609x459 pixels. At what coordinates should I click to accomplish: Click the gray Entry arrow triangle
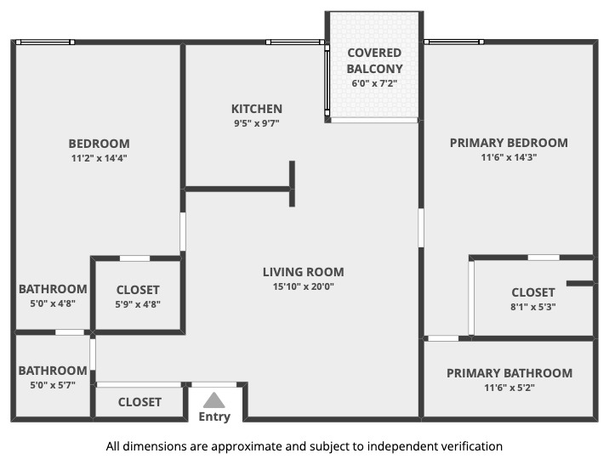(x=214, y=399)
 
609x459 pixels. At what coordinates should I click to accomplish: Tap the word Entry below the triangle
(x=214, y=416)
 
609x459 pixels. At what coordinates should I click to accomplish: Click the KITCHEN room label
(x=257, y=109)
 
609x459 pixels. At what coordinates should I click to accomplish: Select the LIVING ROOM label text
(x=304, y=272)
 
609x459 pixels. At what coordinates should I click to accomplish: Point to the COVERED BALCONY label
(x=374, y=60)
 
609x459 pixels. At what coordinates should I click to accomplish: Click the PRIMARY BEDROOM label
(x=509, y=143)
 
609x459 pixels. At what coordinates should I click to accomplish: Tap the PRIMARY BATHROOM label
(x=509, y=373)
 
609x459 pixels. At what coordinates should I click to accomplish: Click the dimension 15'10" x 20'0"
(x=304, y=286)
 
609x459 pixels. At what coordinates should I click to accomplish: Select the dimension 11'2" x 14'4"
(x=100, y=157)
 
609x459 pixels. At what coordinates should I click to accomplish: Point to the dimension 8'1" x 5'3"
(x=533, y=307)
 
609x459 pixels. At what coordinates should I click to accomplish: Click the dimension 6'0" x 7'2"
(x=374, y=83)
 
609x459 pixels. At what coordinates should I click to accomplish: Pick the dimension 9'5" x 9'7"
(x=257, y=123)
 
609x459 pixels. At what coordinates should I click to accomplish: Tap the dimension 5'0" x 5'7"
(x=53, y=385)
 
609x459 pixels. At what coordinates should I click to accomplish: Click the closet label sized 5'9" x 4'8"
(x=138, y=290)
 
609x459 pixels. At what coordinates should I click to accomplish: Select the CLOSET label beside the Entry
(x=139, y=402)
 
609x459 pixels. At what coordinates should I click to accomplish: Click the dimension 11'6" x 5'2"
(x=509, y=388)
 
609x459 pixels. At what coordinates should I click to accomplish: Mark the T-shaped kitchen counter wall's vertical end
(x=292, y=184)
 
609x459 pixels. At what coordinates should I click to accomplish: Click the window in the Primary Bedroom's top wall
(x=454, y=42)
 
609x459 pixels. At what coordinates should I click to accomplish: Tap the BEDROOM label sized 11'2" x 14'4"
(x=100, y=143)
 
